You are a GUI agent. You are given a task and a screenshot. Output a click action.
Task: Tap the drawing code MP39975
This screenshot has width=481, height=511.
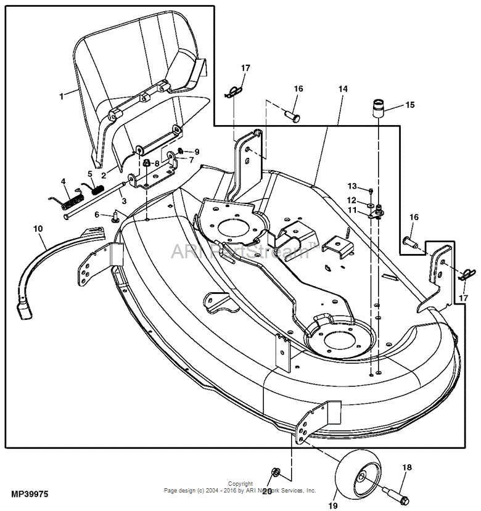(30, 494)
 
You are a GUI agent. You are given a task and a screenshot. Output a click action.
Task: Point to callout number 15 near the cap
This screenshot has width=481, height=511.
(410, 105)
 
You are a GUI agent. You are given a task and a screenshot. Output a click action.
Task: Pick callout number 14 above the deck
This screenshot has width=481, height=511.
(343, 89)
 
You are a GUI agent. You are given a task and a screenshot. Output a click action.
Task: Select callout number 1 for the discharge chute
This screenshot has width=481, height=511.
(61, 96)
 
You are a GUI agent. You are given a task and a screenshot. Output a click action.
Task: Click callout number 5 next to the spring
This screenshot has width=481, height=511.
(90, 174)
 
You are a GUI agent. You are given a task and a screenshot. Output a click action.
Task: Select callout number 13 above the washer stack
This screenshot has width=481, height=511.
(352, 186)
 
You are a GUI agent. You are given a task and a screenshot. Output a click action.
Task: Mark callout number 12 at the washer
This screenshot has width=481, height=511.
(352, 200)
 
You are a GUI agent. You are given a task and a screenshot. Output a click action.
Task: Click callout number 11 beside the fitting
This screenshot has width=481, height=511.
(352, 210)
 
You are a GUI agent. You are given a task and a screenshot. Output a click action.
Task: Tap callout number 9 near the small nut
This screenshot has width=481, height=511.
(197, 152)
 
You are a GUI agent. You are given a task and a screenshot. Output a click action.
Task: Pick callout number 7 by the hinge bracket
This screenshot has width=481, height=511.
(191, 160)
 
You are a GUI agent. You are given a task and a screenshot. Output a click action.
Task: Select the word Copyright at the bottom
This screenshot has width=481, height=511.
(240, 484)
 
